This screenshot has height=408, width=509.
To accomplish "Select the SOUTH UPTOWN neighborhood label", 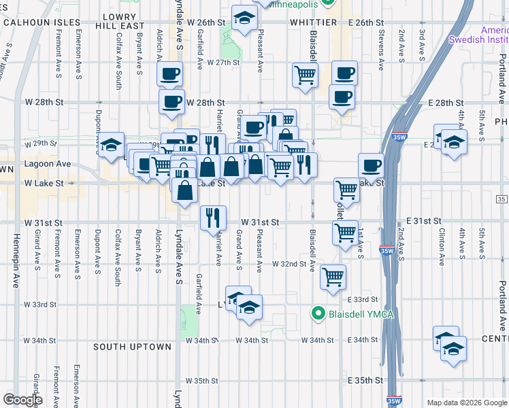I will point(122,347).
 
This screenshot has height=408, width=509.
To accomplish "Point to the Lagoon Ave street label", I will point(48,164).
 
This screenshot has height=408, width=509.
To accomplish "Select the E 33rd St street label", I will point(362,300).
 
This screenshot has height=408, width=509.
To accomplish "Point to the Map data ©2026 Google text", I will point(466,403).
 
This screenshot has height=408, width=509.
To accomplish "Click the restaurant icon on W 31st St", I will point(212,218).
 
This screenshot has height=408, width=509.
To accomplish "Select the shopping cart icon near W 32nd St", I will point(333,277).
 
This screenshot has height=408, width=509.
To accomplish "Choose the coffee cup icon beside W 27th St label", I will point(169,73).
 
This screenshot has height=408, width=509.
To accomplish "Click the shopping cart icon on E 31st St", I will point(346,233).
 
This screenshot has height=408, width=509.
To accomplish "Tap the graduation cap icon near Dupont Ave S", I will point(111,144).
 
